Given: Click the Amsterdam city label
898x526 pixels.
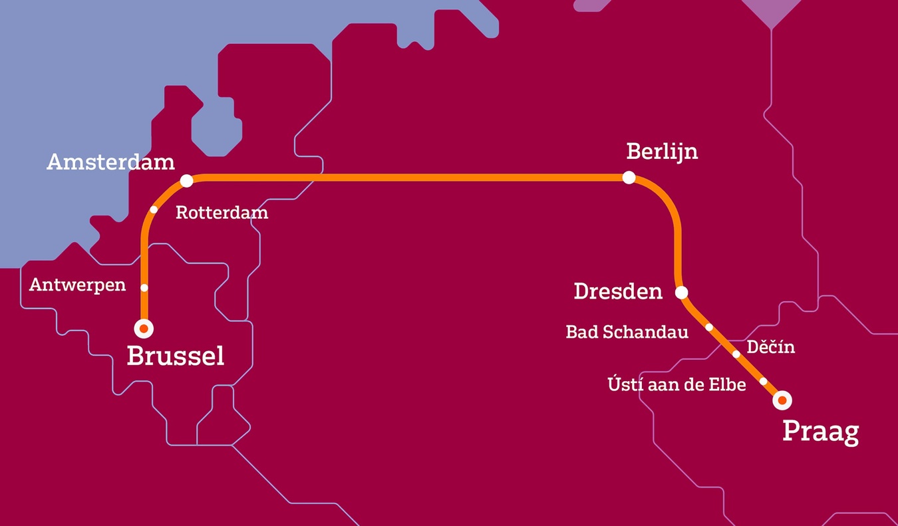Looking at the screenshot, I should (x=110, y=162).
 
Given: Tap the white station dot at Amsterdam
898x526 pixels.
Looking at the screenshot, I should (x=187, y=181).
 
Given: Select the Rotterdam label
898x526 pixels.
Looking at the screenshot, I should (x=222, y=213).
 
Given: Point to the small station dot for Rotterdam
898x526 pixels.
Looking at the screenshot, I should (x=154, y=209).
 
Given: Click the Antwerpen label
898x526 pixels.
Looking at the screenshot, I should (x=77, y=285).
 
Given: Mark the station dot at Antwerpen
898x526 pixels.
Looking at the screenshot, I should (x=144, y=288).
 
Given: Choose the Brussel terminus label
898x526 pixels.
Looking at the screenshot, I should (x=175, y=356).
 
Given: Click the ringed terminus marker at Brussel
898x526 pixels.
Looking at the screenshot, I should (x=144, y=329).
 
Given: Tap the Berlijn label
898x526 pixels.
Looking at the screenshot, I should (x=662, y=152).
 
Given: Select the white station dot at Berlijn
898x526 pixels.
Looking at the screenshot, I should (x=629, y=178).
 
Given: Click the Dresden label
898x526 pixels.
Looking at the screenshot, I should (x=618, y=291).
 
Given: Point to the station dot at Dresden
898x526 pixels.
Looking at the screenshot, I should (x=681, y=293).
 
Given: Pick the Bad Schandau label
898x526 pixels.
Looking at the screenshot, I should (x=627, y=332).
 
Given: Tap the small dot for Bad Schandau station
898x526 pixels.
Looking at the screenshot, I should (x=709, y=327).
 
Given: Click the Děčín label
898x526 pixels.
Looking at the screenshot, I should (x=770, y=347).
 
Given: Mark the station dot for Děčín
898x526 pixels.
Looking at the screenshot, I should (x=736, y=354).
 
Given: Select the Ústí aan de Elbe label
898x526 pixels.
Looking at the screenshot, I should (x=676, y=384).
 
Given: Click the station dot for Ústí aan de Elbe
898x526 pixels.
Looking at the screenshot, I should (x=764, y=382).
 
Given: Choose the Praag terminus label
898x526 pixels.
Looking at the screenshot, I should (x=820, y=432).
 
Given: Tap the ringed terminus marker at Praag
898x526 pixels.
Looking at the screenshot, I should (x=783, y=400).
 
